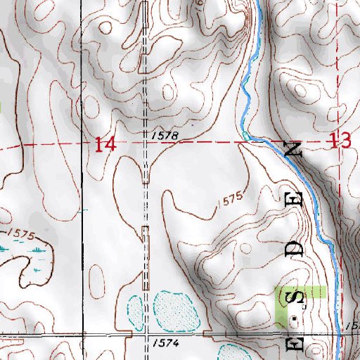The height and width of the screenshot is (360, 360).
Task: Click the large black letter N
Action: coord(294,149)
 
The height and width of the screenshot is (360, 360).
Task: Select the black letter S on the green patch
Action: coord(298,299)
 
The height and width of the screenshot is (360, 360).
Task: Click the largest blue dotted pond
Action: coord(174,309)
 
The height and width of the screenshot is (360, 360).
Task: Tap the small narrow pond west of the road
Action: coord(133,307)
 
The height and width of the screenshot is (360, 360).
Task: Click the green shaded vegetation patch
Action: coord(316,291)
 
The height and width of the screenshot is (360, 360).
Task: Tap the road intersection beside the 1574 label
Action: coord(146,334)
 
